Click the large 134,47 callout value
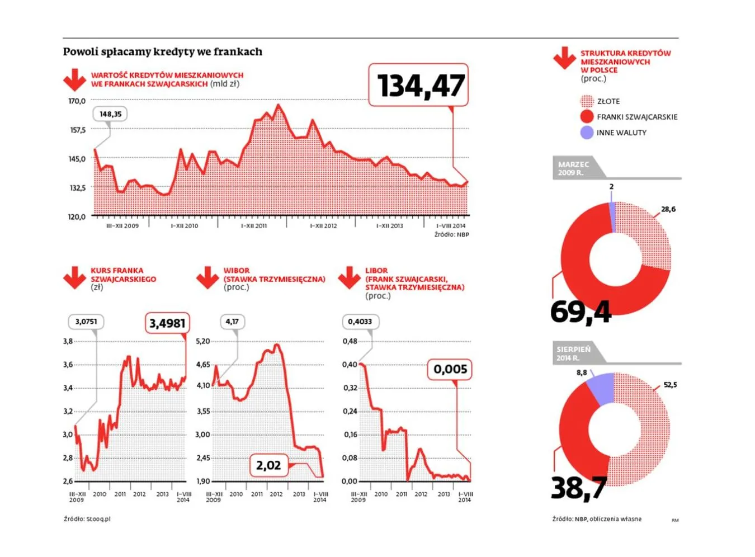click(x=421, y=86)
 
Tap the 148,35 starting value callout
click(x=110, y=114)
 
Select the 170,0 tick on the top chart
click(x=77, y=101)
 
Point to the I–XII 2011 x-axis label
click(x=254, y=226)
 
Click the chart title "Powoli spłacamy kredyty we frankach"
click(x=162, y=52)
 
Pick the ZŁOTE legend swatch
click(x=587, y=101)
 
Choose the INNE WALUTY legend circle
click(x=587, y=133)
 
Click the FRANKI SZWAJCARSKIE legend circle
click(x=587, y=117)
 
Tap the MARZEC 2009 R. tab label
click(x=573, y=168)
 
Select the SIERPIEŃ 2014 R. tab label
click(x=573, y=353)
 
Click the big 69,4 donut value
click(x=581, y=311)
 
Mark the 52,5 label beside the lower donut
click(x=670, y=385)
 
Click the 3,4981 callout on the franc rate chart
click(x=167, y=323)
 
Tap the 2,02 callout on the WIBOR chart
click(x=268, y=465)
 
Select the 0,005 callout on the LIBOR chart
click(x=450, y=369)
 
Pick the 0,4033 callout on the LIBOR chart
click(x=360, y=322)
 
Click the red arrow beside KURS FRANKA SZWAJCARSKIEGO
click(x=74, y=277)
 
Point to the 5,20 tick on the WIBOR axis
click(x=203, y=341)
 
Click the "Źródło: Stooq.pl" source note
click(x=87, y=519)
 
